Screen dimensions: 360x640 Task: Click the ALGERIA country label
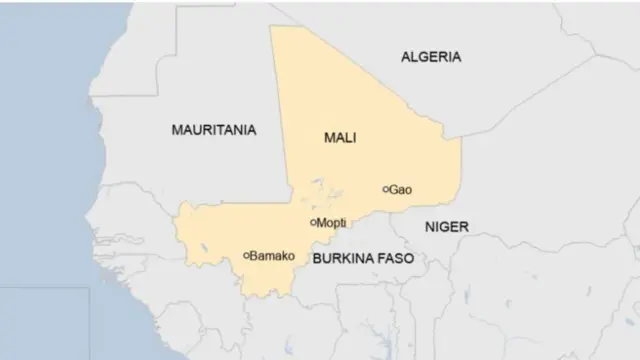click(x=431, y=57)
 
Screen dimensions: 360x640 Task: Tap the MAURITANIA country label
click(x=213, y=130)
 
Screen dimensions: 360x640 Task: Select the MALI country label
click(x=340, y=138)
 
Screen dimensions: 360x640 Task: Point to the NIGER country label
click(x=446, y=227)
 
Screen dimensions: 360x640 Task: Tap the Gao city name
click(x=401, y=189)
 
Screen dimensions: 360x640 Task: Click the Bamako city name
click(x=273, y=255)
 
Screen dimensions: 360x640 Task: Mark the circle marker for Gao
click(x=386, y=189)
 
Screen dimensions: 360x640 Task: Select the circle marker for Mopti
click(x=313, y=223)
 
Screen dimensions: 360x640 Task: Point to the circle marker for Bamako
click(x=246, y=255)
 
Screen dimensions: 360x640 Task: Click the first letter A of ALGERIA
click(x=406, y=57)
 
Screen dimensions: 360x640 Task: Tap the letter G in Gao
click(x=394, y=189)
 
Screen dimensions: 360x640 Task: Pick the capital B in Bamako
click(x=255, y=255)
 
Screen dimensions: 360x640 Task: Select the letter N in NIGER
click(x=429, y=227)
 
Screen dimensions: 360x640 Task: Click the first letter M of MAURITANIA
click(x=177, y=130)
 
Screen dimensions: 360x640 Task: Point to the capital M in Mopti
click(x=321, y=223)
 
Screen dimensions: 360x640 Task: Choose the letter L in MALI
click(x=347, y=138)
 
